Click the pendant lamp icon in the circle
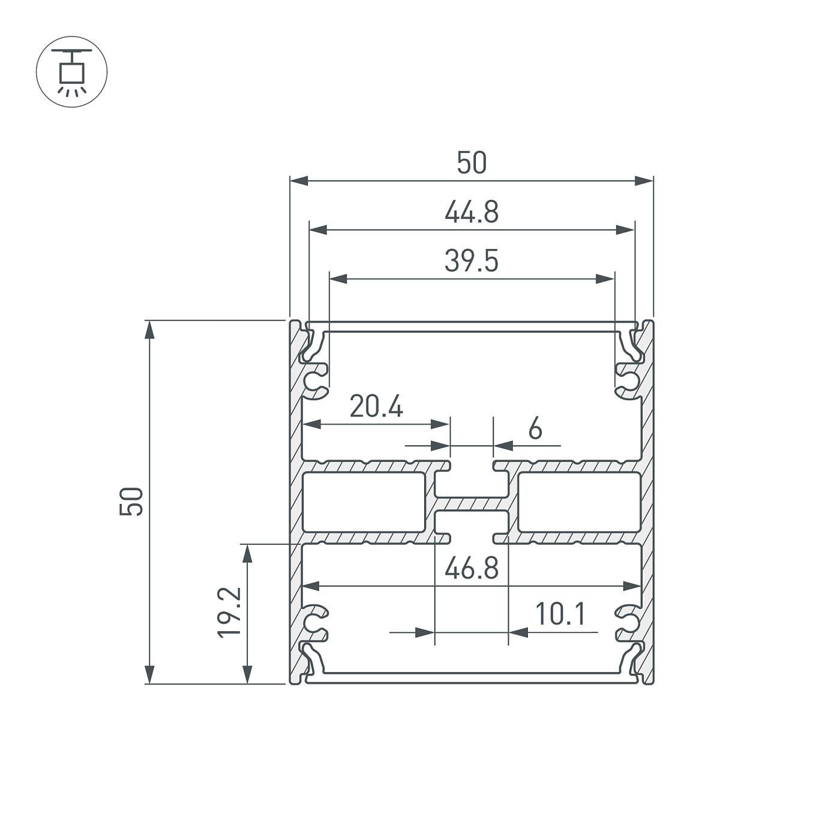[x=71, y=71]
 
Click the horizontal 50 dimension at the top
[x=472, y=163]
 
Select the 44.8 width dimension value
[x=472, y=212]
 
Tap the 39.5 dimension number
[x=472, y=262]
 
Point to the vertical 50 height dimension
[x=131, y=502]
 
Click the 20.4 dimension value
[x=376, y=407]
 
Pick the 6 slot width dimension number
[x=535, y=430]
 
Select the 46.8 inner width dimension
[x=472, y=568]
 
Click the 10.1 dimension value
[x=559, y=614]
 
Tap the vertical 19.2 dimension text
[x=230, y=612]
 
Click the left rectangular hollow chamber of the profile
[x=364, y=502]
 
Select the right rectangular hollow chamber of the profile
[x=579, y=502]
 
